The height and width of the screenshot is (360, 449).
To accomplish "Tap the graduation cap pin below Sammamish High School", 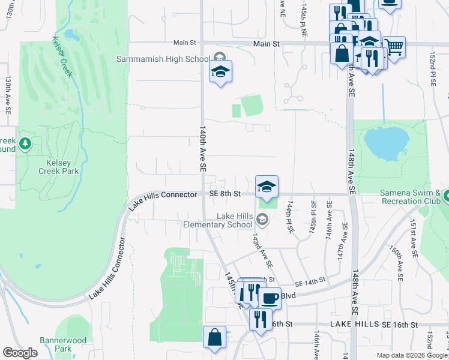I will [x=220, y=72].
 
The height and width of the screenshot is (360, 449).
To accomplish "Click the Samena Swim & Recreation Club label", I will [x=414, y=197].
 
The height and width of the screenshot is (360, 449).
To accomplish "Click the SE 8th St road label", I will [x=225, y=194].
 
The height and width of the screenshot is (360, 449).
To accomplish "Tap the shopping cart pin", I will [x=394, y=47].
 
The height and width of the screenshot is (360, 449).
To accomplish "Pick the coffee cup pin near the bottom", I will [x=270, y=298].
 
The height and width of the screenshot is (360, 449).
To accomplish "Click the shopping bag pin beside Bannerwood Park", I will [x=214, y=337].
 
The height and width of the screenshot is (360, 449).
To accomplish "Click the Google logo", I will [x=20, y=353].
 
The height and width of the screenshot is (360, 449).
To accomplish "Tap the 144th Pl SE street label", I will [x=290, y=217].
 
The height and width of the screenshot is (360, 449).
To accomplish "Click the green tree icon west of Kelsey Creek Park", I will [x=25, y=144].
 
